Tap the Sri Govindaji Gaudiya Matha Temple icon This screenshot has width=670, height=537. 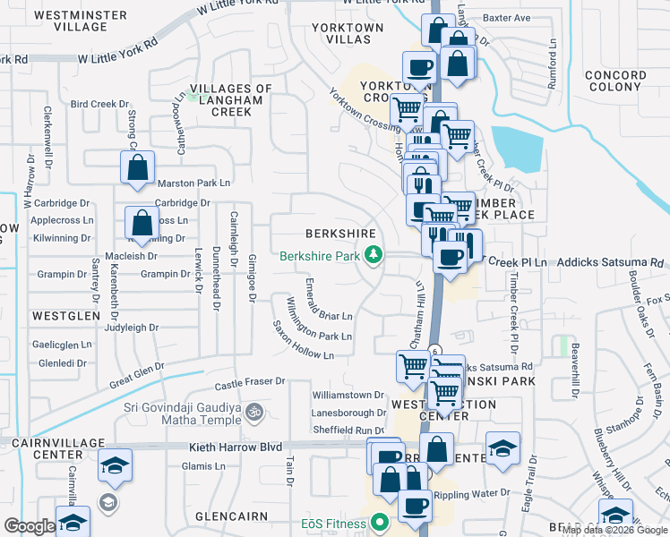coord(253,413)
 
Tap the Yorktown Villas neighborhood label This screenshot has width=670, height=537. coord(347,34)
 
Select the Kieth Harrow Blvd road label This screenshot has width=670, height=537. coord(236,447)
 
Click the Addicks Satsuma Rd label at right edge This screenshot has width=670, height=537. coord(613,262)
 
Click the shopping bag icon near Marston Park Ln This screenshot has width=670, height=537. coord(138,167)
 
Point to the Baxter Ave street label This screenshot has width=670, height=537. coord(506,18)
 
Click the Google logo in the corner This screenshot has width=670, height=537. coord(30,526)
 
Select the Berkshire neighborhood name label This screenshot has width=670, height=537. coord(339,233)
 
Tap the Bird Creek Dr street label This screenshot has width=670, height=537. coord(100,104)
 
